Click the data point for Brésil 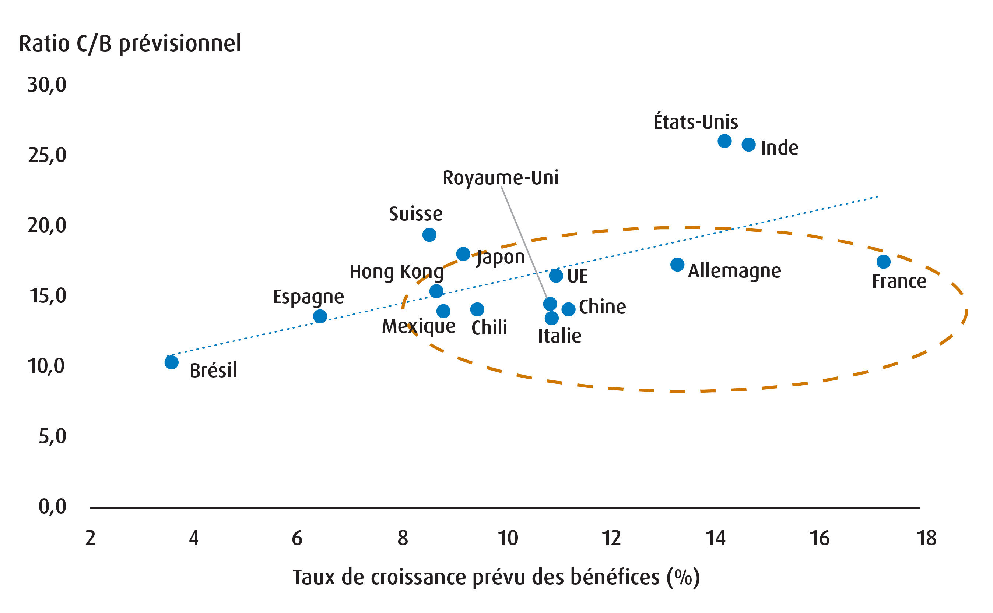pos(171,362)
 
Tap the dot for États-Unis pos(724,141)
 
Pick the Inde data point pos(748,145)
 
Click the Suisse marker pos(429,235)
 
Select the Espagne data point pos(320,316)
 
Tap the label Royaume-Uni pos(500,178)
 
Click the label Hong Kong pos(396,272)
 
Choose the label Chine pos(602,306)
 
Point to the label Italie pos(559,336)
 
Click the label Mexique pos(418,326)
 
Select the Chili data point pos(477,309)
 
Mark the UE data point pos(556,276)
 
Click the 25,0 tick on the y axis pos(47,155)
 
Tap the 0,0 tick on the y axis pos(52,506)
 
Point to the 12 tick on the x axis pos(611,538)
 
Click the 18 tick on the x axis pos(926,538)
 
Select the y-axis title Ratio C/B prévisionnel pos(130,44)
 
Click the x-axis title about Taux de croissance pos(496,577)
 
